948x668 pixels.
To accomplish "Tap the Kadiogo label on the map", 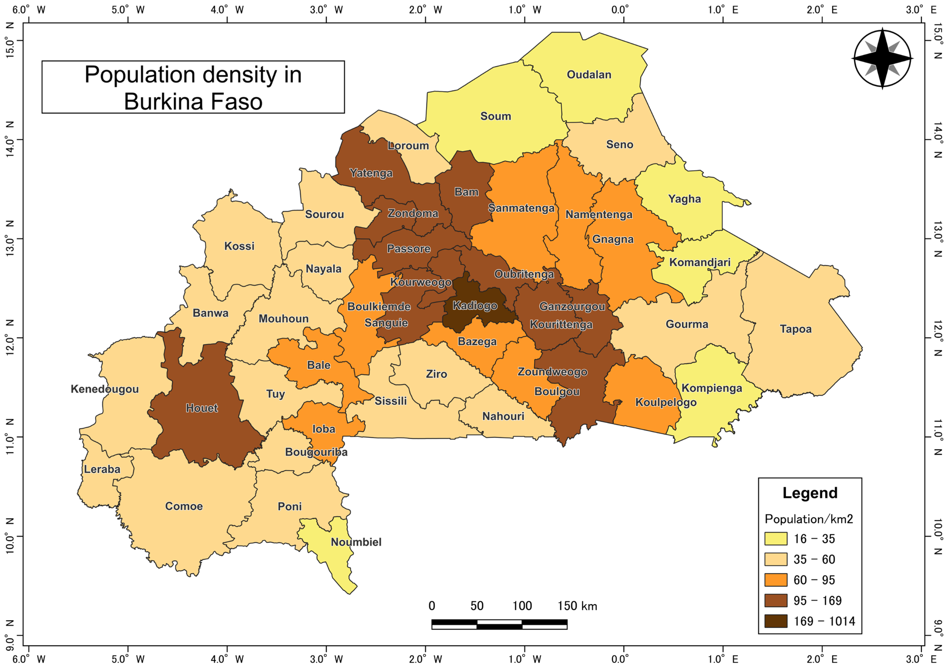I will click(475, 306).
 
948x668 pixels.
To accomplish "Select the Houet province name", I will click(201, 408).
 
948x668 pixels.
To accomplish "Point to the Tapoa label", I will click(795, 329).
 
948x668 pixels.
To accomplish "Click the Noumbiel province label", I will click(356, 542).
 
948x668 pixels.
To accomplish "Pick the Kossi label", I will click(239, 246).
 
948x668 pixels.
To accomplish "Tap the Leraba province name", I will click(102, 469).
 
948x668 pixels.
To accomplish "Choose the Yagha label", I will click(684, 199).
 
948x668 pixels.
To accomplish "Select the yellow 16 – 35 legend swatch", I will click(775, 539).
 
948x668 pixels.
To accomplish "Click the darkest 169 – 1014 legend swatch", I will click(775, 621).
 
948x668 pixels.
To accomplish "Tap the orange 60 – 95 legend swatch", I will click(775, 580).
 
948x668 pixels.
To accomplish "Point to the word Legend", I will click(810, 493).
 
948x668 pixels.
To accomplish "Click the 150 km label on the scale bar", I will click(577, 606).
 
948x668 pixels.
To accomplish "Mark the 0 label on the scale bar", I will click(432, 606).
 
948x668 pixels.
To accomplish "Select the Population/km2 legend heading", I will click(808, 519).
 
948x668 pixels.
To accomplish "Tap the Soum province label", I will click(495, 116).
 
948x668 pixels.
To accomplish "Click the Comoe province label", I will click(184, 506).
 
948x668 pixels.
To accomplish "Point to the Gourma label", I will click(687, 324).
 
